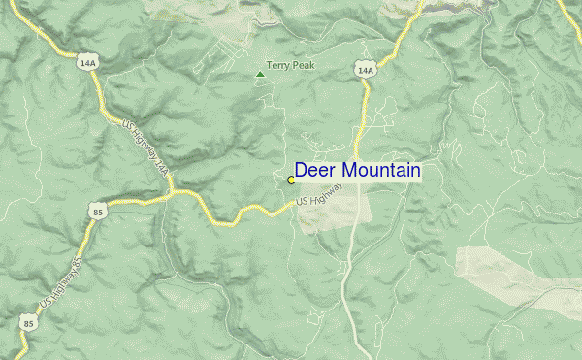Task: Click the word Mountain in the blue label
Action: [x=379, y=171]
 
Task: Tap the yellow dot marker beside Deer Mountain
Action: [x=291, y=180]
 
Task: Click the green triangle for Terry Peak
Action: [x=259, y=73]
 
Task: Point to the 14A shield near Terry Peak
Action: [x=365, y=70]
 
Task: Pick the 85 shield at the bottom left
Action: [x=29, y=322]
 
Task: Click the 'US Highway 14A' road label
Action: [x=147, y=147]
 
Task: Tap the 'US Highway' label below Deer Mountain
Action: [x=320, y=195]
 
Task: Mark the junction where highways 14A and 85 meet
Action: [x=173, y=193]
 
